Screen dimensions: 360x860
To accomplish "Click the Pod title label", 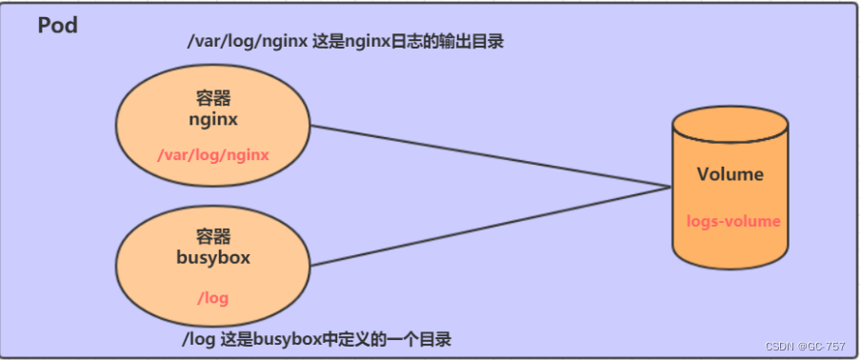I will coord(57,26).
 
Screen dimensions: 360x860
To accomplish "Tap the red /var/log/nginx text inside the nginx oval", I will coord(213,154).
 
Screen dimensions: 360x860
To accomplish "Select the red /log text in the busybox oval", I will coord(212,297).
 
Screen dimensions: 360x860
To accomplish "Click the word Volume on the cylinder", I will coord(730,174).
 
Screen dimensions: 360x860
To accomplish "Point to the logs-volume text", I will coord(732,221).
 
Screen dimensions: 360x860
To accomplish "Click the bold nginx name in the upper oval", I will coord(213,121).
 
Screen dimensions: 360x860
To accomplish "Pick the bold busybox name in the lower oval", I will coord(212,256).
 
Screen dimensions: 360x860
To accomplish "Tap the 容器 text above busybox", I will coord(212,236).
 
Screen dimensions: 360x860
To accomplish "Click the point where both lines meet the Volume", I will coord(670,187).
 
